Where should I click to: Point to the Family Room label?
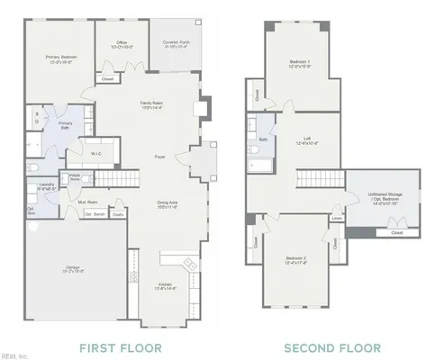pyautogui.click(x=150, y=104)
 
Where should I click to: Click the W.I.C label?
pyautogui.click(x=95, y=140)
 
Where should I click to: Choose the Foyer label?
pyautogui.click(x=159, y=157)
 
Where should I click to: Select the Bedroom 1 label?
pyautogui.click(x=299, y=64)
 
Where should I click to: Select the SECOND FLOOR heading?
pyautogui.click(x=331, y=346)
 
